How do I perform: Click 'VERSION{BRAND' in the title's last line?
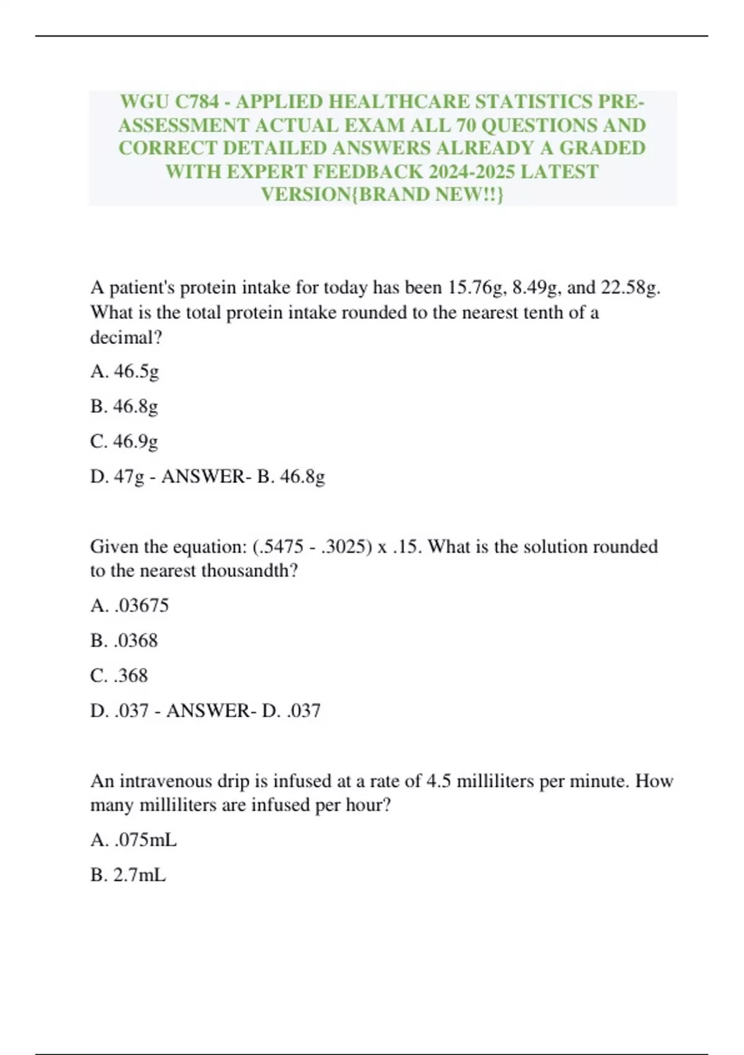(x=345, y=194)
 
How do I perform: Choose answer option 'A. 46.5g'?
(x=125, y=372)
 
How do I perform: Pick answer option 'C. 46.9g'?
(x=124, y=441)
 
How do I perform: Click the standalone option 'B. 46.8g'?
(x=124, y=406)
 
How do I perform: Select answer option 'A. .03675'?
(x=130, y=606)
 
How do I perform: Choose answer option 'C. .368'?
(x=119, y=676)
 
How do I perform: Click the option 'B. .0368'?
(x=124, y=640)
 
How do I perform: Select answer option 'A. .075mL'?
(x=133, y=840)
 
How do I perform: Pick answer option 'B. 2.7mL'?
(x=128, y=876)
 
